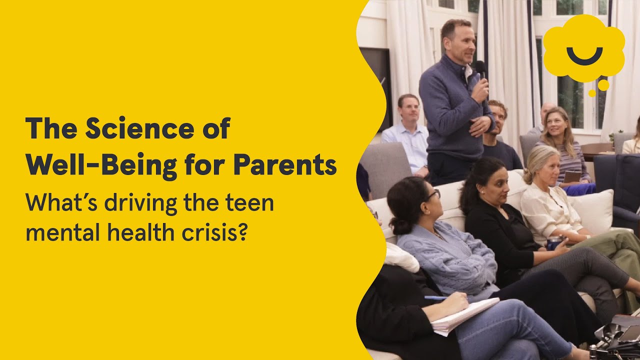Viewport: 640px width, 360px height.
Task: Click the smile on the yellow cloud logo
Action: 584,55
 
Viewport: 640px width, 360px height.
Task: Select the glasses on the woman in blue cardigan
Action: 432,194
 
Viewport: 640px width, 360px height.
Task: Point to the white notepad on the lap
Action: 465,315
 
